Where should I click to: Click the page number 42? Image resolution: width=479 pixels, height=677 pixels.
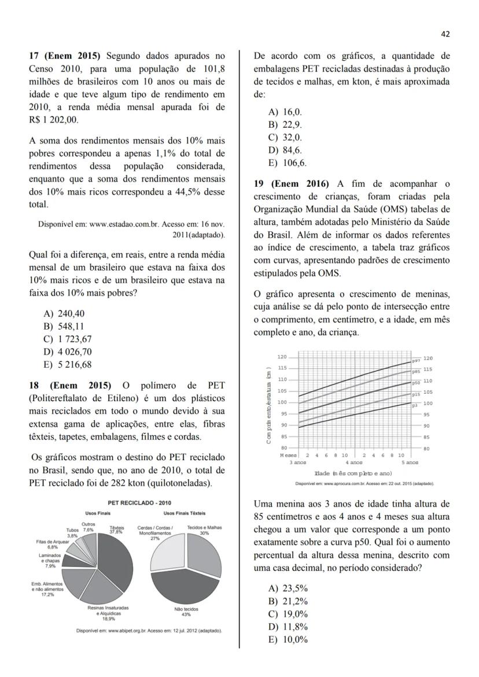445,34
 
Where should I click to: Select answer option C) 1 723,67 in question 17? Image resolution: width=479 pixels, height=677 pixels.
68,339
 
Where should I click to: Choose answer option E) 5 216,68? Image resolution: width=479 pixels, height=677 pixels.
68,365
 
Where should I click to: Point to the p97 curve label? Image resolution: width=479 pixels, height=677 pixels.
415,361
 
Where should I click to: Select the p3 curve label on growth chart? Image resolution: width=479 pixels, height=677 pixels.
414,406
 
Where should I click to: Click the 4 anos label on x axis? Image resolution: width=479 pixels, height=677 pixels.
353,463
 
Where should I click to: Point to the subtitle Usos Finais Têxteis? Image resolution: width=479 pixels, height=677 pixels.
185,513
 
